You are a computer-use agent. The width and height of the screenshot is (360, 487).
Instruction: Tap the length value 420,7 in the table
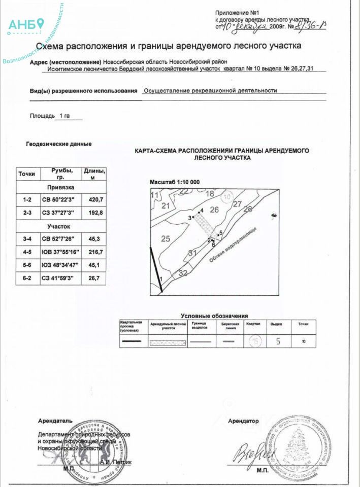click(95, 200)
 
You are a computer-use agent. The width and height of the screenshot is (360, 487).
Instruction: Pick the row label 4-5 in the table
click(27, 252)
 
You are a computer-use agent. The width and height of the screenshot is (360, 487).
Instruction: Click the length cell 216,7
click(95, 252)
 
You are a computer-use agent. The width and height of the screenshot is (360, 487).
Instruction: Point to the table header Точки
click(27, 174)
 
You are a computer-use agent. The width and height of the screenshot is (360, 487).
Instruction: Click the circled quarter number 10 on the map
click(228, 196)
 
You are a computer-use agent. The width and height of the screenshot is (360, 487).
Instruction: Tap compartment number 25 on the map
click(165, 238)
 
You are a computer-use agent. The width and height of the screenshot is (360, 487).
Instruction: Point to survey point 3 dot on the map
click(193, 217)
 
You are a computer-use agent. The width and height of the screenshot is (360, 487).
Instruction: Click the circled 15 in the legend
click(255, 341)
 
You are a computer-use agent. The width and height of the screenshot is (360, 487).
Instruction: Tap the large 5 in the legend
click(278, 341)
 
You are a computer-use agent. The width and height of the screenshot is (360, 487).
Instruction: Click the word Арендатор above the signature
click(243, 421)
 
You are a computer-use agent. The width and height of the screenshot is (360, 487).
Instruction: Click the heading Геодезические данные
click(59, 144)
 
